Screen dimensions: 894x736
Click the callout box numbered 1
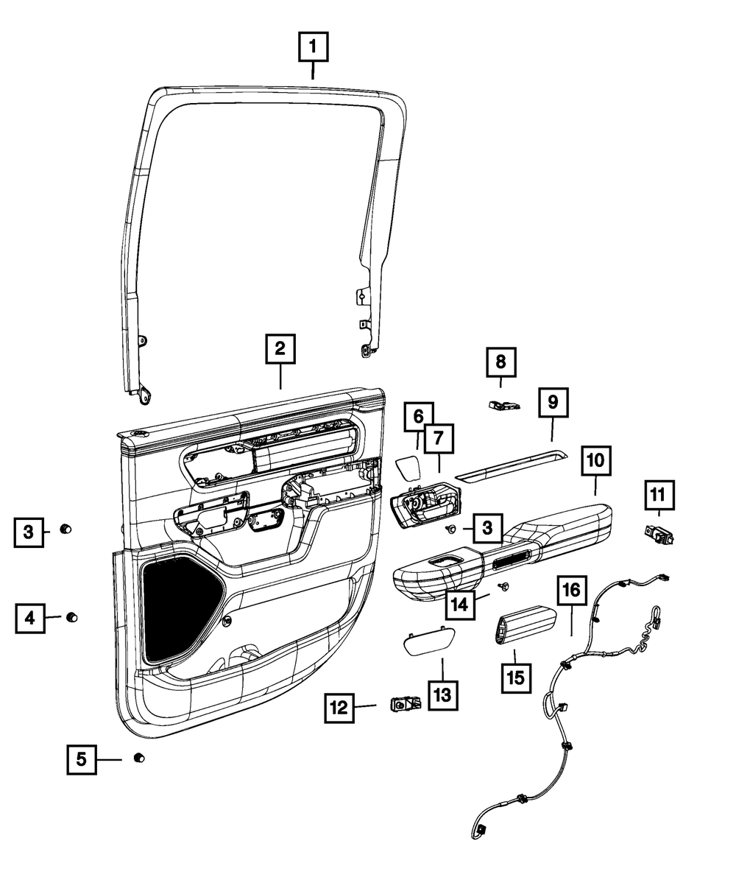(313, 49)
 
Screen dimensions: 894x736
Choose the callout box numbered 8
(500, 362)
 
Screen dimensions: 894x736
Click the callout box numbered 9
(553, 402)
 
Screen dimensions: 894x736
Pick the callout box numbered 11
(660, 494)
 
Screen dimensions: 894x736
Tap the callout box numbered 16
(572, 591)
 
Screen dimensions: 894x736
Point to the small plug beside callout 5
(138, 759)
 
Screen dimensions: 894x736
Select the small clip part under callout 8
(504, 404)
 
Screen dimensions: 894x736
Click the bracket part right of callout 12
(406, 705)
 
